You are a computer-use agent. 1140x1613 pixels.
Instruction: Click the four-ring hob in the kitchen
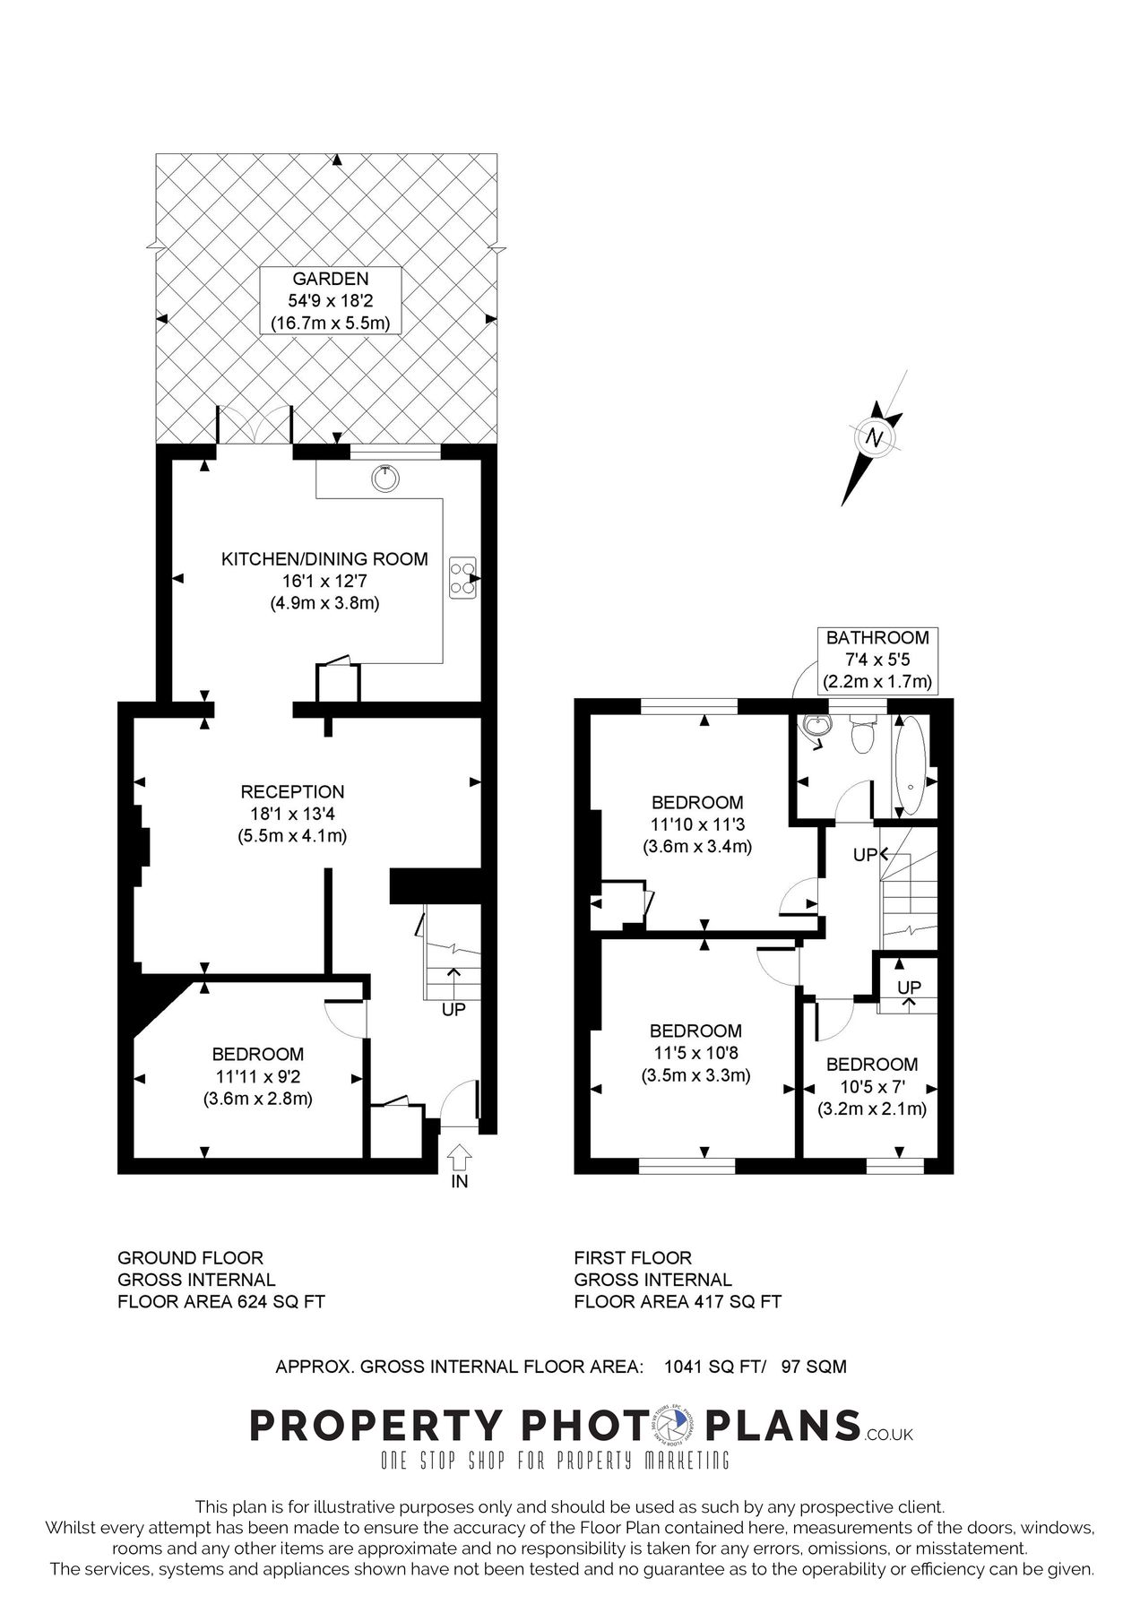(x=463, y=577)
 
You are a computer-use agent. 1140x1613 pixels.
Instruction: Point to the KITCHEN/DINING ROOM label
(x=324, y=559)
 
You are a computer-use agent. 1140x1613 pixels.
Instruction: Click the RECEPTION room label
(x=292, y=792)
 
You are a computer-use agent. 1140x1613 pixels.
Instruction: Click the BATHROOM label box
(x=877, y=660)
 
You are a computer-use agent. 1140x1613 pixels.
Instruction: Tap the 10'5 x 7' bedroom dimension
(x=872, y=1087)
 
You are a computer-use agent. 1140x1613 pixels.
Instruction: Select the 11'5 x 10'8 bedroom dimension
(x=695, y=1053)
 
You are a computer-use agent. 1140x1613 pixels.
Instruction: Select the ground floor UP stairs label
(x=453, y=1009)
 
